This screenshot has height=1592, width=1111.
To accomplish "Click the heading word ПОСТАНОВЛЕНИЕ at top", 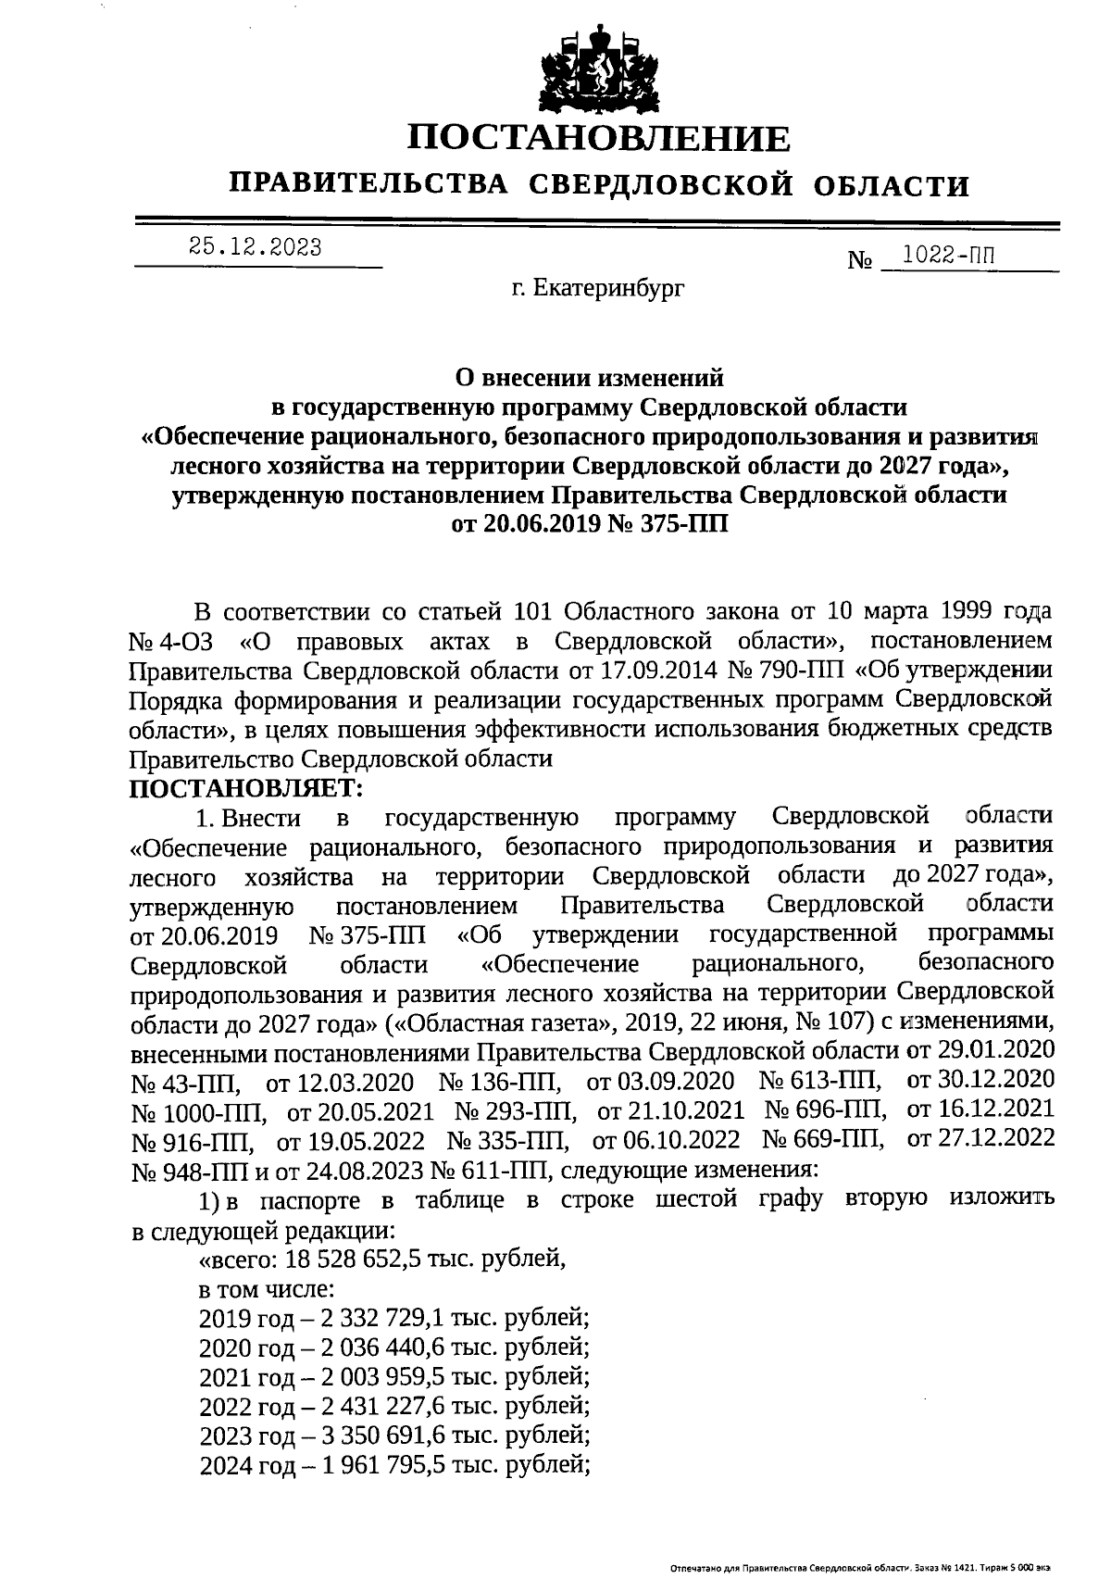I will coord(600,138).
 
